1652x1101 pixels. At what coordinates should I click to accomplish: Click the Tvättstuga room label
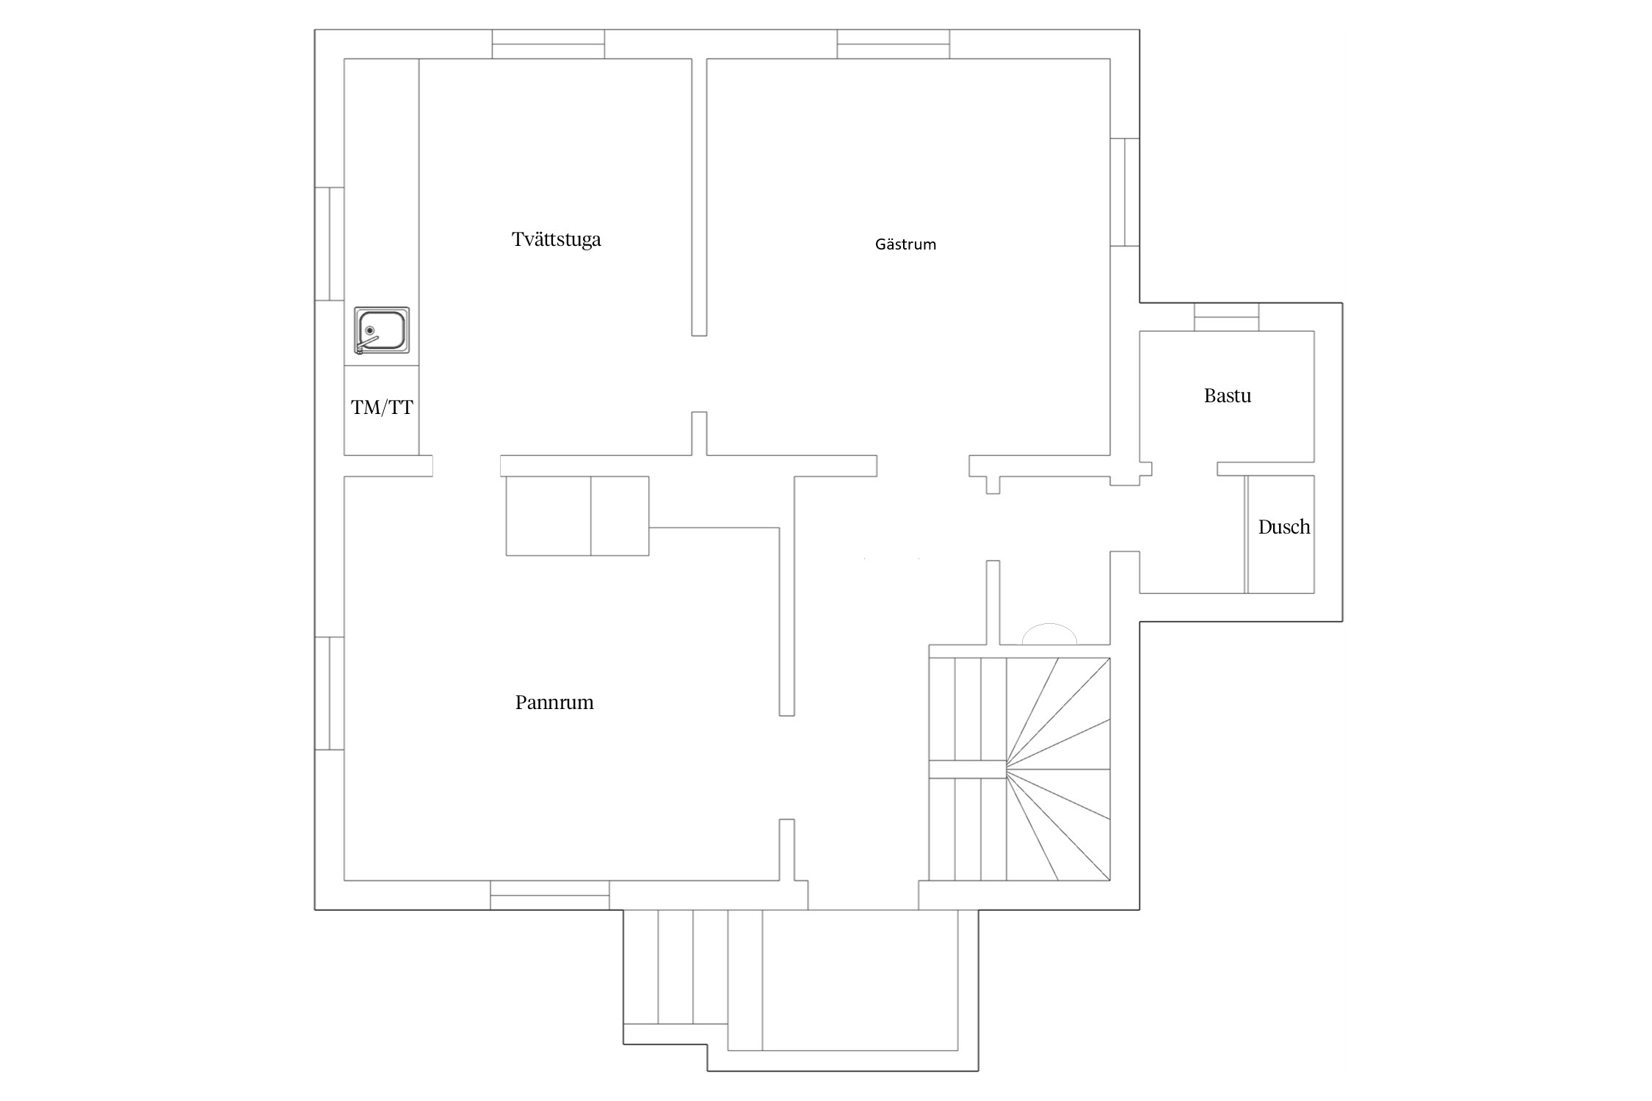[x=556, y=240]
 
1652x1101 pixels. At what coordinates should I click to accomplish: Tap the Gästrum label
[x=905, y=244]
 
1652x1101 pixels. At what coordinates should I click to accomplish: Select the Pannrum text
[x=554, y=702]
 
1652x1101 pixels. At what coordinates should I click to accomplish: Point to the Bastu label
[x=1228, y=396]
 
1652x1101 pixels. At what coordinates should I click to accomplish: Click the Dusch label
[x=1284, y=527]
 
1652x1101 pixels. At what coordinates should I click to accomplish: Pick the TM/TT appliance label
[x=382, y=407]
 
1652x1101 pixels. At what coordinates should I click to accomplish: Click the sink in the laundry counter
[x=382, y=330]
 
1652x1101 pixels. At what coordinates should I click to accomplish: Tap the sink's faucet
[x=366, y=343]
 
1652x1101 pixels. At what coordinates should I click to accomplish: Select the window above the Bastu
[x=1226, y=317]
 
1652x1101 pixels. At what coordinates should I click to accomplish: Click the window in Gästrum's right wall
[x=1125, y=192]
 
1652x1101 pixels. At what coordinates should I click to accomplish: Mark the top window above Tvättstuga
[x=548, y=44]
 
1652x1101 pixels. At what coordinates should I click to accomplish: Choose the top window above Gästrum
[x=894, y=44]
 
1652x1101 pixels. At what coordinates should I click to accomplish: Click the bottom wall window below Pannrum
[x=550, y=895]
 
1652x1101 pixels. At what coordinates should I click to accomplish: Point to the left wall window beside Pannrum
[x=330, y=694]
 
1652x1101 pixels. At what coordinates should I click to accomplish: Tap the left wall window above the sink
[x=330, y=244]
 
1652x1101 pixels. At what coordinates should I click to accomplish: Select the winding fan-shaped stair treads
[x=1058, y=768]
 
